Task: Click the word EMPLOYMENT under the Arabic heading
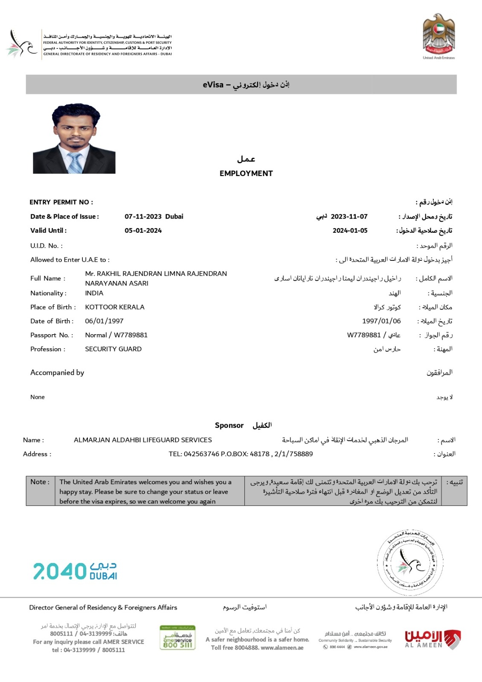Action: (246, 173)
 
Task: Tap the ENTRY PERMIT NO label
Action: (61, 202)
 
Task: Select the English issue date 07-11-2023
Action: (143, 217)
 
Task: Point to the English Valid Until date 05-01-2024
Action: (143, 231)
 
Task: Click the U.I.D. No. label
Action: (46, 246)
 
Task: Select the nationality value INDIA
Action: (94, 293)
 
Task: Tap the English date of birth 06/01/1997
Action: (104, 321)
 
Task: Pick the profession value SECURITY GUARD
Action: (113, 349)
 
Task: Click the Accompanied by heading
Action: (57, 373)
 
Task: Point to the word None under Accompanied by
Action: (38, 397)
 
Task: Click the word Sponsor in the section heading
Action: (229, 425)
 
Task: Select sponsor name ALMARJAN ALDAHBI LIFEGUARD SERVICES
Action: (143, 440)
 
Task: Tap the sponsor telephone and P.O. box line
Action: (241, 454)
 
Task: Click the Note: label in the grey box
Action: (40, 482)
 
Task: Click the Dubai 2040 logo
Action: (75, 571)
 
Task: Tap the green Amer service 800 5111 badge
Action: (177, 638)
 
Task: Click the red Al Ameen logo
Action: (432, 639)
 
